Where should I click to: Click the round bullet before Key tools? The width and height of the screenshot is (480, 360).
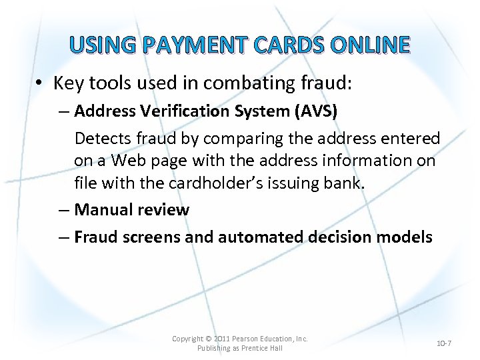(x=41, y=84)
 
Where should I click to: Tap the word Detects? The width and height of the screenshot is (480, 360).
(x=101, y=138)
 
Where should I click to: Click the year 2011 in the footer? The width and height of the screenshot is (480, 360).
(x=220, y=339)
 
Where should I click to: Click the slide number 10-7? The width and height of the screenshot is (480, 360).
(x=444, y=343)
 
